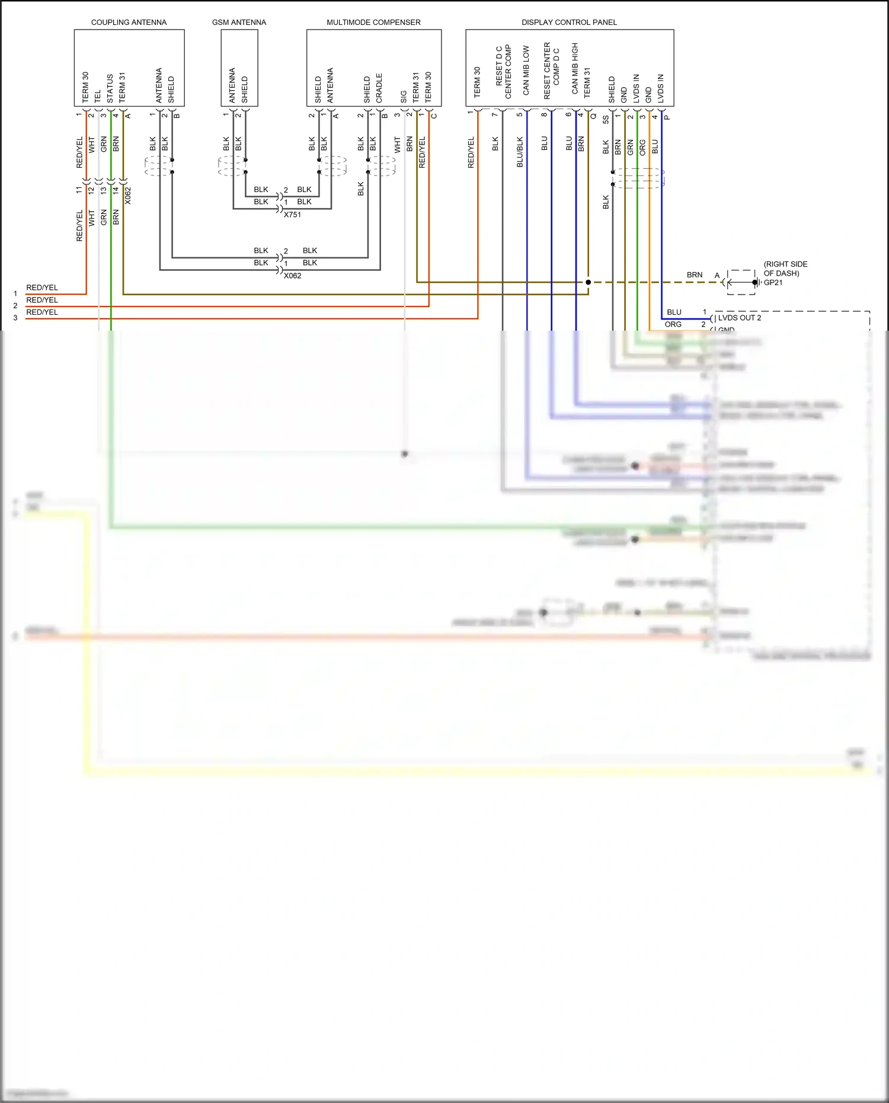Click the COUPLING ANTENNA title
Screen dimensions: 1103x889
pos(129,23)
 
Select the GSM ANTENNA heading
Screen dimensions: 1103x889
pos(239,23)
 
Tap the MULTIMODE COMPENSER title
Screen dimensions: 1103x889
pos(373,23)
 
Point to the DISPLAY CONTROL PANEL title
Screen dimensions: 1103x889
pos(569,23)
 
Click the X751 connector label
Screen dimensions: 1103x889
pos(292,215)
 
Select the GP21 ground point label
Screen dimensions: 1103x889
pos(773,283)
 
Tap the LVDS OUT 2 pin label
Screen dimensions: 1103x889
pos(739,318)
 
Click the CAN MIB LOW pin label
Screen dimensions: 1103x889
pos(526,71)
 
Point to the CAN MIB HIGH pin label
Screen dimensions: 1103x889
pos(574,68)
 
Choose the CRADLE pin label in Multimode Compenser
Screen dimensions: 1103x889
pos(379,88)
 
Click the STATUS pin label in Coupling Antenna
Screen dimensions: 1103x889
pos(110,88)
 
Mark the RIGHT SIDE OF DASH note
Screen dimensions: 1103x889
pos(785,268)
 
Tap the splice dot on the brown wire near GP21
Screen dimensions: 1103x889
pos(588,282)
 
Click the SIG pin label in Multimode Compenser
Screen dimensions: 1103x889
pos(404,97)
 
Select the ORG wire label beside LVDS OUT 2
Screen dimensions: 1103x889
pos(673,324)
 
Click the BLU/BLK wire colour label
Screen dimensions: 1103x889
pos(520,152)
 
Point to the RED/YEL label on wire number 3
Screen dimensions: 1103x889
pos(42,312)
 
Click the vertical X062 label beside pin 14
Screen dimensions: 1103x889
pos(127,196)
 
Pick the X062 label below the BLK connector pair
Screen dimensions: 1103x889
pos(292,276)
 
